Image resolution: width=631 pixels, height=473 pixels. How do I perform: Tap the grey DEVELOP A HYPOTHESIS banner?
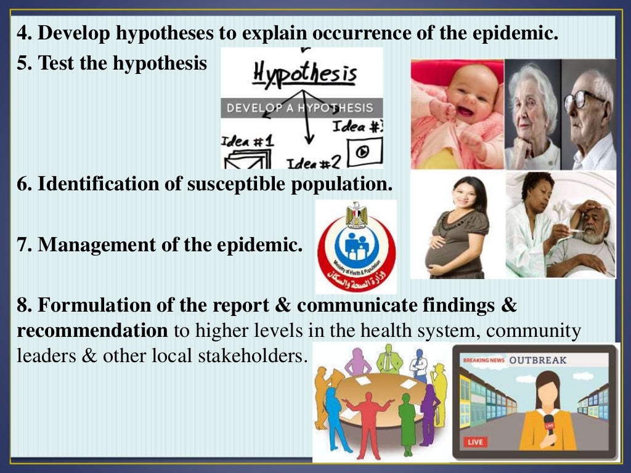(x=300, y=108)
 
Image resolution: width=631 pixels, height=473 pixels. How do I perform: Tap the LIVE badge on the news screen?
(x=475, y=442)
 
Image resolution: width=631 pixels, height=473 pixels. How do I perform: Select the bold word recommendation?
(x=92, y=331)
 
